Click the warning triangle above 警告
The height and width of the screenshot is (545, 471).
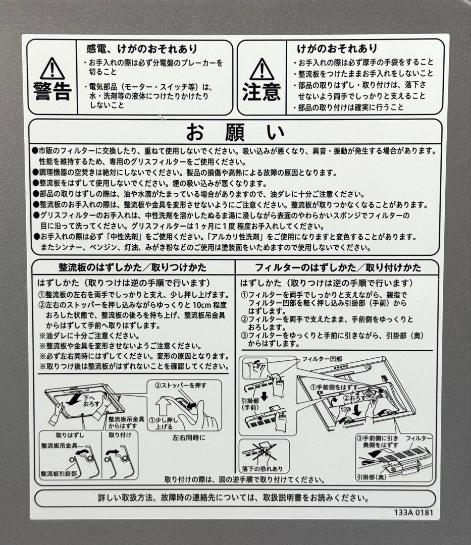coord(53,68)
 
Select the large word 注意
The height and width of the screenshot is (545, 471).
coord(261,92)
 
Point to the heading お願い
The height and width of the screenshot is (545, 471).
coord(235,132)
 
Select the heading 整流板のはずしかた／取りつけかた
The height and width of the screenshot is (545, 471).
coord(132,267)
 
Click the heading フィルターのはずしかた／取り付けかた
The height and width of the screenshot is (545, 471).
coord(338,267)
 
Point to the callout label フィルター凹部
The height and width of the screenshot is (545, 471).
coord(322,359)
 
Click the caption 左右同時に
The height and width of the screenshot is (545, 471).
coord(189,438)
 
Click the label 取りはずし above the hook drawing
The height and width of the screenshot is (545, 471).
coord(70,434)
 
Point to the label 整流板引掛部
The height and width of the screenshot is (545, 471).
coord(59,474)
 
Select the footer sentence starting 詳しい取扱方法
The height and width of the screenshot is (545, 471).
coord(233,498)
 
